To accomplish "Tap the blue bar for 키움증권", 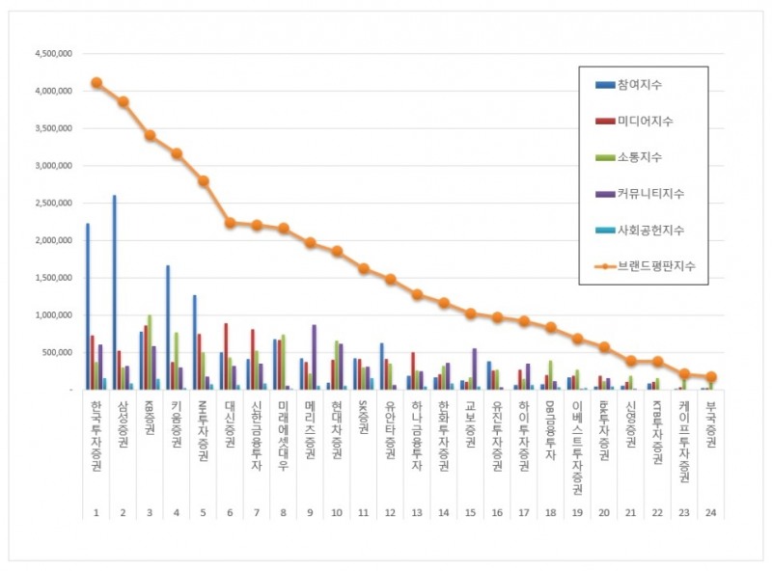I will click(168, 328).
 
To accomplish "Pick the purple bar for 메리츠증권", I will click(314, 357).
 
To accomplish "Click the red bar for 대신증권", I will click(226, 356).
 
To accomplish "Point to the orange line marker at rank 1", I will click(96, 83).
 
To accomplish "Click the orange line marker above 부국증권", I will click(711, 377).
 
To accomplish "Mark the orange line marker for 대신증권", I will click(231, 223).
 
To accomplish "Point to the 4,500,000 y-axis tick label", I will click(52, 53).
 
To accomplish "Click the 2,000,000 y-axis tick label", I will click(52, 240).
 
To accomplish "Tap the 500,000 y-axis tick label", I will click(56, 352).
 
